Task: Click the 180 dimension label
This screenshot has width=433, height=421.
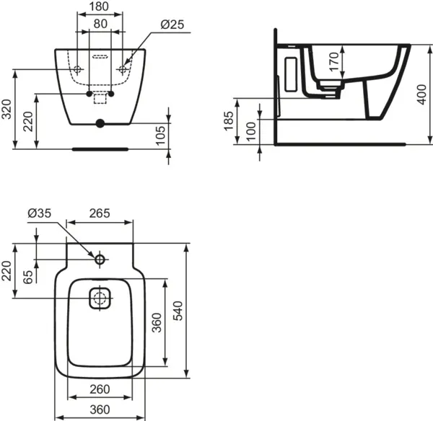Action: coord(99,6)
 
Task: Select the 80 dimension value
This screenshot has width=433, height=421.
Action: coord(100,24)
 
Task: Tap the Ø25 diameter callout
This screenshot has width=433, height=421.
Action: coord(172,25)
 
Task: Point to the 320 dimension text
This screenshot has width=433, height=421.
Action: coord(6,110)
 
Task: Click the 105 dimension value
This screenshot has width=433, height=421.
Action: coord(160,136)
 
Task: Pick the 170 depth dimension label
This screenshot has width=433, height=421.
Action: coord(334,61)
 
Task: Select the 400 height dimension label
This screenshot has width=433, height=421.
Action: coord(421,94)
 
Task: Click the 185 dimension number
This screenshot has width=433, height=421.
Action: coord(229,120)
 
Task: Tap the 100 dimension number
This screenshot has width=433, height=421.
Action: coord(250,132)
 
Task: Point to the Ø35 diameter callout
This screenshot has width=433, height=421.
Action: coord(40,213)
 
